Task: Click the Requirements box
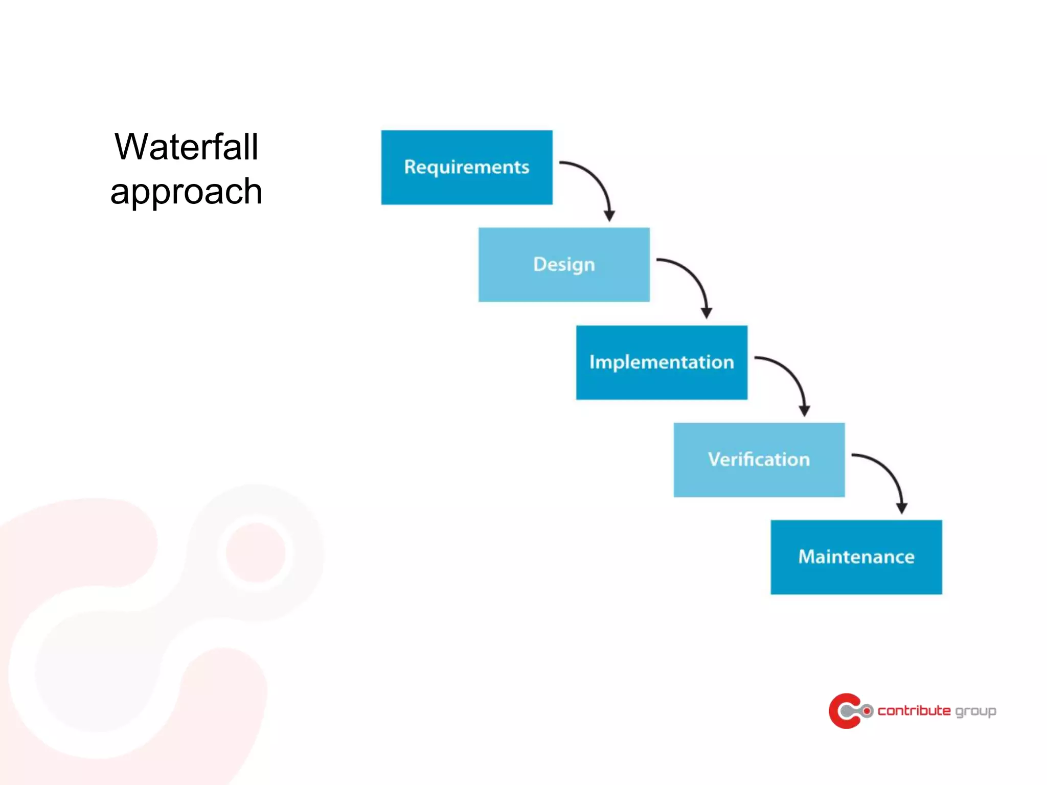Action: click(466, 167)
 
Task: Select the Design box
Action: click(564, 265)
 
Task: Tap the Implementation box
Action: click(662, 362)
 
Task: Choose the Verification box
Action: click(759, 459)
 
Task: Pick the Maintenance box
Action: click(856, 557)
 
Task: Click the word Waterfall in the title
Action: click(186, 147)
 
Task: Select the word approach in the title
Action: click(186, 192)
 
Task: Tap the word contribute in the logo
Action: click(914, 710)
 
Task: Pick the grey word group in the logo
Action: click(975, 711)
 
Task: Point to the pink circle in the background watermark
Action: click(255, 552)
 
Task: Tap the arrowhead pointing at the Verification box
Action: click(804, 410)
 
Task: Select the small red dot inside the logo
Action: click(867, 711)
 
